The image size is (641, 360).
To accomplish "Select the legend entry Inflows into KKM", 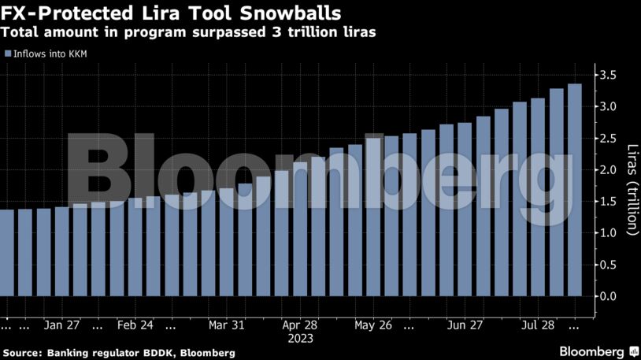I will click(x=49, y=54).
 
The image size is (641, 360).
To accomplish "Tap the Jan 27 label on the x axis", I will click(x=63, y=325).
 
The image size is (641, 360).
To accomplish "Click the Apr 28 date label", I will click(x=300, y=325).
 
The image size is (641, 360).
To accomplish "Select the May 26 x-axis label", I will click(x=373, y=325).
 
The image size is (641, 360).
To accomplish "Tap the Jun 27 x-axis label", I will click(x=465, y=325).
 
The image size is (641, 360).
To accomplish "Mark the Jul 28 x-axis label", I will click(x=539, y=325).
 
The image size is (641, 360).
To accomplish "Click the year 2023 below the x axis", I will click(x=300, y=339).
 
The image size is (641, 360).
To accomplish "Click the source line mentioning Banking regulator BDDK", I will click(x=119, y=352).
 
